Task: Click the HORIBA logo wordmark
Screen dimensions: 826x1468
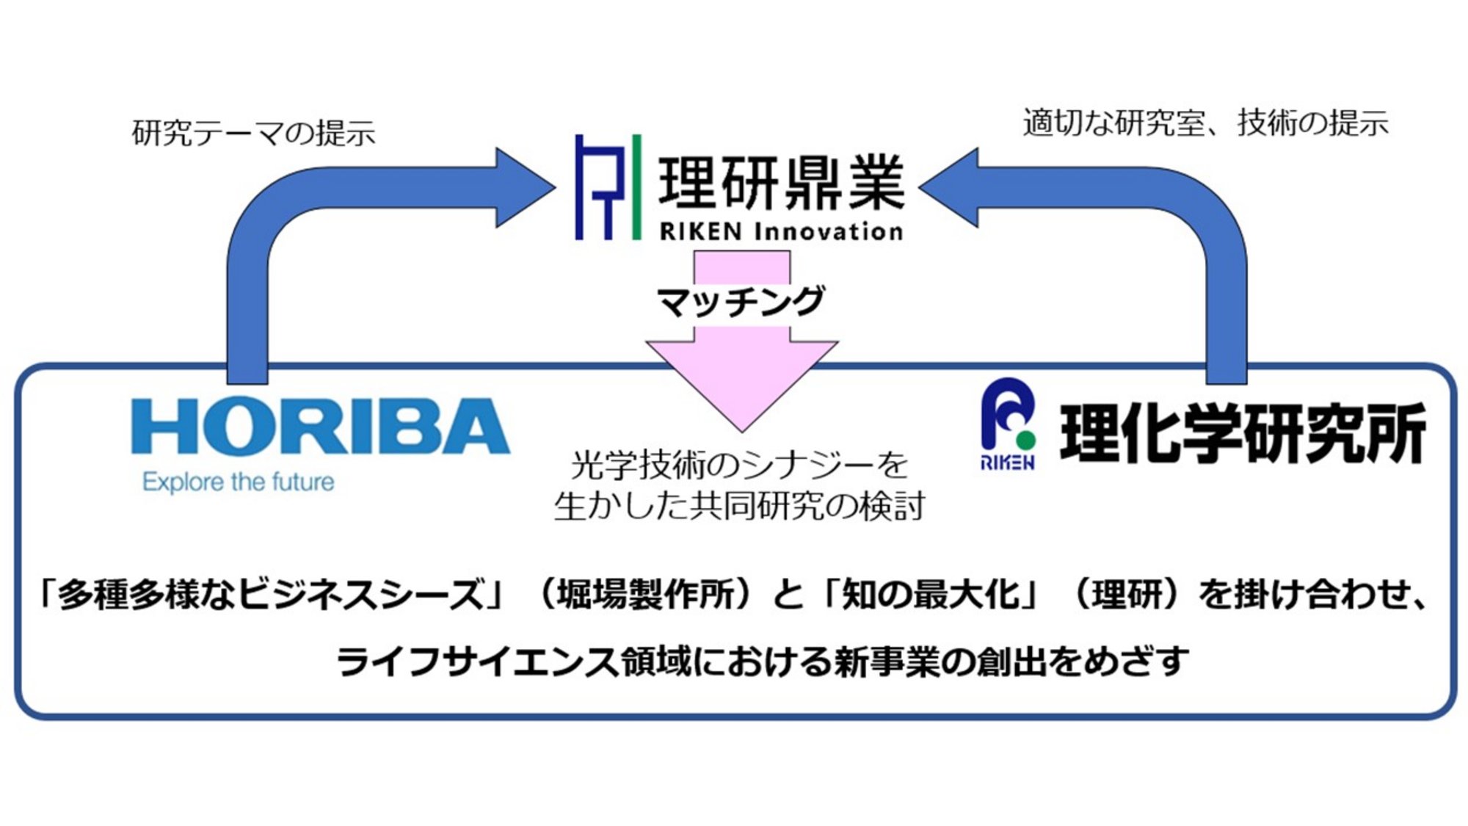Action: point(320,427)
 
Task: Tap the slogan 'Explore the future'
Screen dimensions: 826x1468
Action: point(239,482)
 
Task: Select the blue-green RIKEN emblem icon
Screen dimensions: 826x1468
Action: point(1009,424)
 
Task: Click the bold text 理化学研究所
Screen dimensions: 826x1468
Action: point(1243,434)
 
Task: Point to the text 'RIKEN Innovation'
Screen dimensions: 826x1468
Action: point(781,232)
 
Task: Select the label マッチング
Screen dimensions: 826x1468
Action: point(741,302)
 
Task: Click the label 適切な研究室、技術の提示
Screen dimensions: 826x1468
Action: point(1205,123)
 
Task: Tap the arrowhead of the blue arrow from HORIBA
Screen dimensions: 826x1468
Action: point(527,187)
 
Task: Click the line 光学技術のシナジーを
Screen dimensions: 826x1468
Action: point(739,465)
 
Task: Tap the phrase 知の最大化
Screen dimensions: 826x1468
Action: point(931,594)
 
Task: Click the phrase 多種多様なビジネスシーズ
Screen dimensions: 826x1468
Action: point(272,594)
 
